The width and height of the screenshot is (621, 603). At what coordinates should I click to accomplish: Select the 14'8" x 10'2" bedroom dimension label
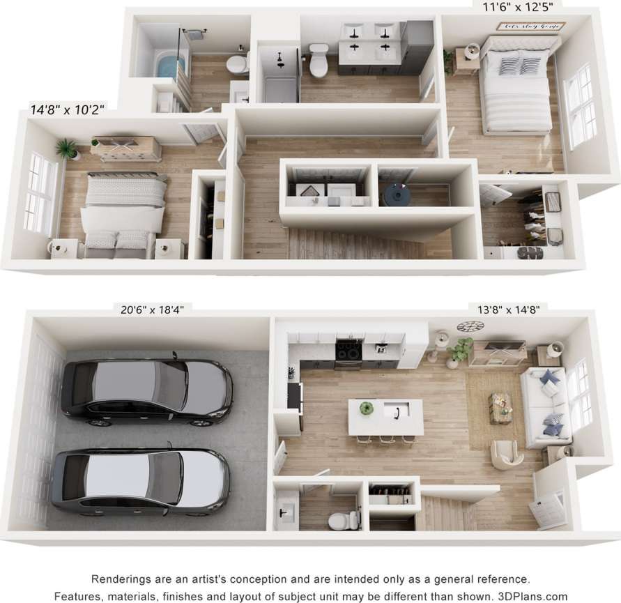pos(68,109)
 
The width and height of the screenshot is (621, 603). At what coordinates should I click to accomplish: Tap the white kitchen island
pos(385,416)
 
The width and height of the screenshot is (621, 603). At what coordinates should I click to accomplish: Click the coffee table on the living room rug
pos(500,407)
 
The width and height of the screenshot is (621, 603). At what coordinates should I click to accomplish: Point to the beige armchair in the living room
pos(506,454)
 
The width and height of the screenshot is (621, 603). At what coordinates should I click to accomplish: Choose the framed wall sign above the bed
pos(530,26)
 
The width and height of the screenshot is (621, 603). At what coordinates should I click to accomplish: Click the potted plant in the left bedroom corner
pos(68,148)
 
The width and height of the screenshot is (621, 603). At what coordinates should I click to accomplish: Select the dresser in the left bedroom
pos(126,148)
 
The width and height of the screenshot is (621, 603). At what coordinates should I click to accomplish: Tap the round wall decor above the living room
pos(470,326)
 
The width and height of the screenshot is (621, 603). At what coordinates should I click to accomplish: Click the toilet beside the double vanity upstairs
pos(319,60)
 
